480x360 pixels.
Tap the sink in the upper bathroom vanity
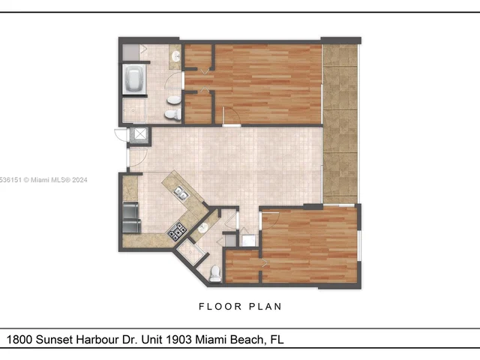point(175,57)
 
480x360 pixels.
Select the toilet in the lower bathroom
point(215,274)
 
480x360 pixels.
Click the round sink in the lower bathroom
point(202,226)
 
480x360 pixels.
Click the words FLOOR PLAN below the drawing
point(240,306)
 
